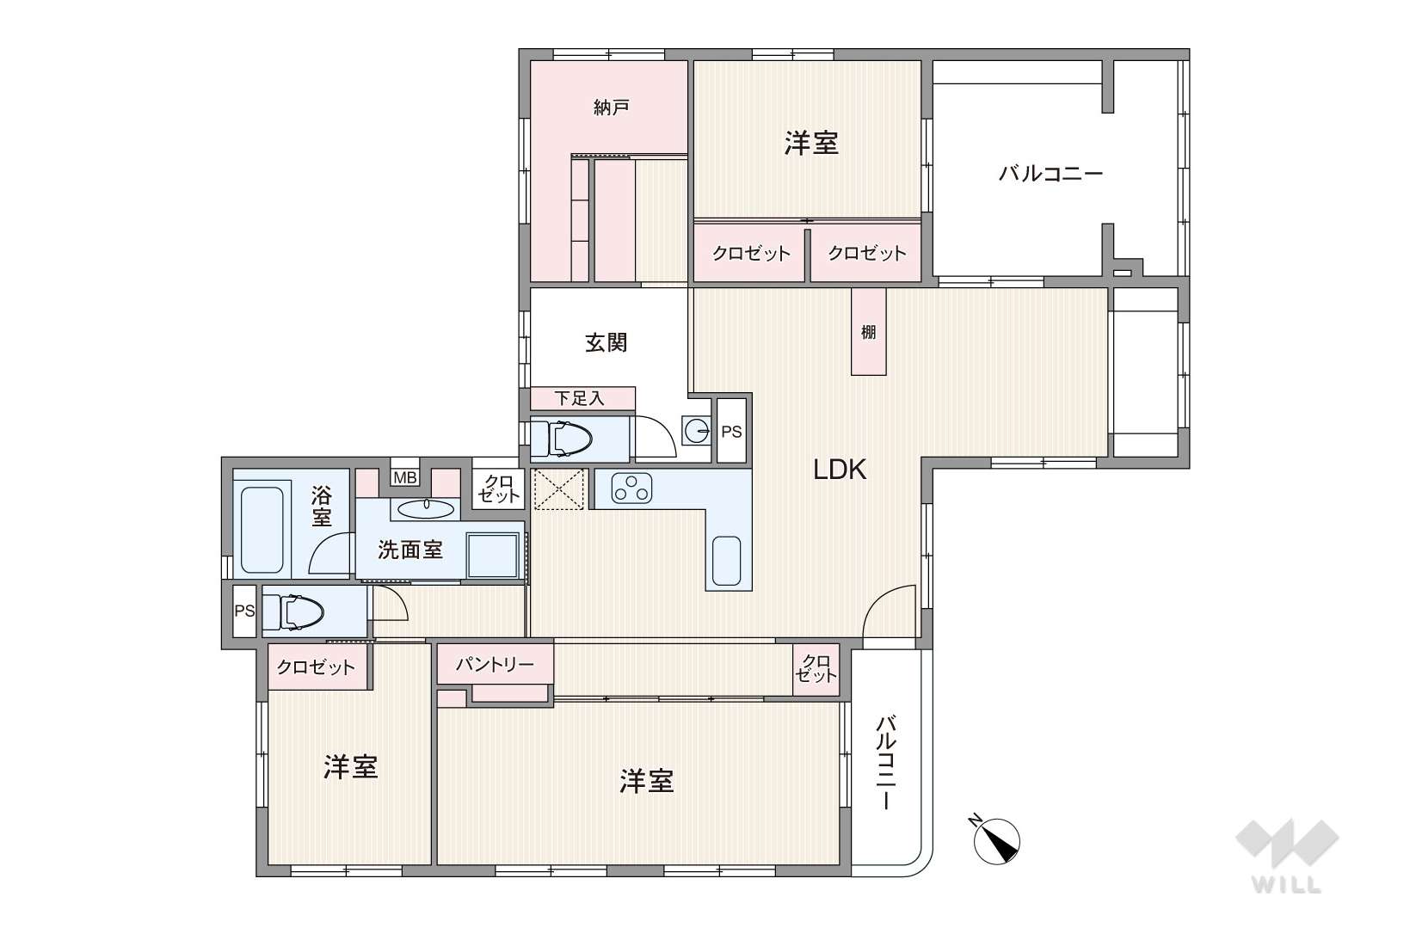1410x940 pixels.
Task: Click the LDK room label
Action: pyautogui.click(x=840, y=470)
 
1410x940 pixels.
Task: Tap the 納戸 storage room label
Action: pyautogui.click(x=611, y=108)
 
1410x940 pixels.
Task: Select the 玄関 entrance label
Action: pyautogui.click(x=606, y=343)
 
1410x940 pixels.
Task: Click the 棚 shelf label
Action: pyautogui.click(x=869, y=332)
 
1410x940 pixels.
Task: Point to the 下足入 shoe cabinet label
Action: pyautogui.click(x=580, y=398)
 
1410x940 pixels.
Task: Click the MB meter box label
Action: pyautogui.click(x=404, y=477)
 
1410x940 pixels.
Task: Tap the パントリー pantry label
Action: pyautogui.click(x=495, y=664)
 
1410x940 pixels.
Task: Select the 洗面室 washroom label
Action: pyautogui.click(x=410, y=550)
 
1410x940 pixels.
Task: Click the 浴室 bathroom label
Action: pyautogui.click(x=321, y=507)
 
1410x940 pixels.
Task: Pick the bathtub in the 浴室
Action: pyautogui.click(x=262, y=530)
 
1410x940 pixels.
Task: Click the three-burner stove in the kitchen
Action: pyautogui.click(x=631, y=488)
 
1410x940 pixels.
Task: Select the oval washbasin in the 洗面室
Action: pyautogui.click(x=427, y=508)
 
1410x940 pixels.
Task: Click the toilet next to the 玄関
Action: pyautogui.click(x=562, y=438)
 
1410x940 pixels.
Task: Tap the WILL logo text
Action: pyautogui.click(x=1287, y=885)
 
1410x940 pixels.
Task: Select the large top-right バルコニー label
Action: pyautogui.click(x=1050, y=173)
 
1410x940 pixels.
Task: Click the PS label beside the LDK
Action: pyautogui.click(x=731, y=432)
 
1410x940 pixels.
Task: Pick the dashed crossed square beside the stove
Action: pyautogui.click(x=559, y=488)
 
